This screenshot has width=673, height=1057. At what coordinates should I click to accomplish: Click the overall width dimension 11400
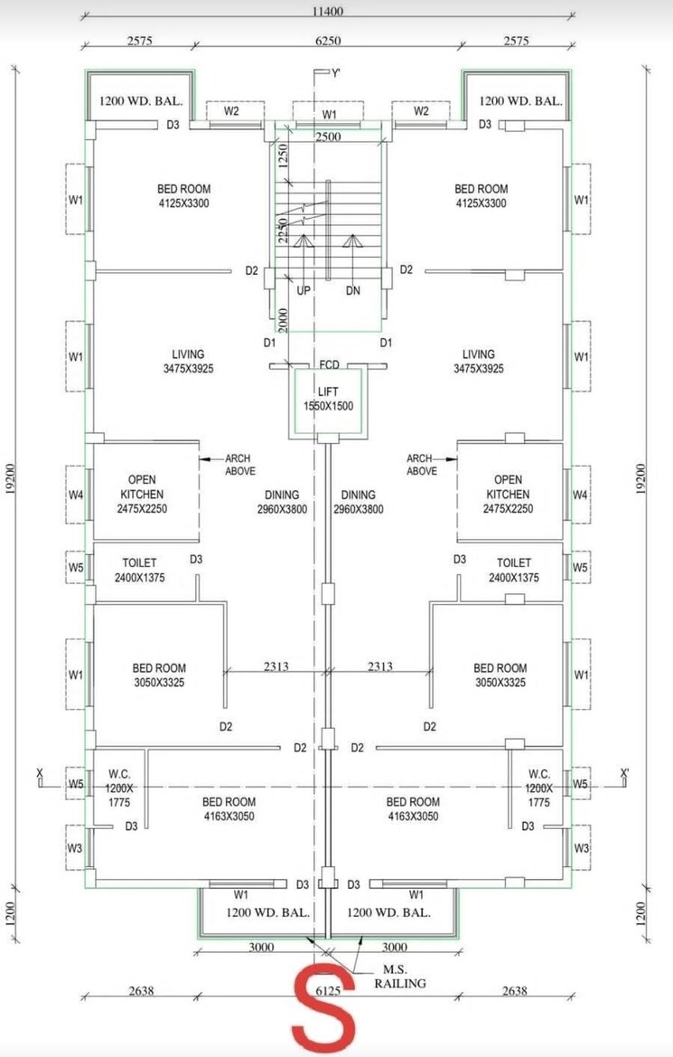tap(330, 12)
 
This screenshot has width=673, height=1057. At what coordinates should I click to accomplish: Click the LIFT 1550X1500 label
tap(328, 399)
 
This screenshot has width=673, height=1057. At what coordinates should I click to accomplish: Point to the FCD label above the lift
tap(329, 365)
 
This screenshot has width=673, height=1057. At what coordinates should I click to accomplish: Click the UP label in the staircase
tap(304, 291)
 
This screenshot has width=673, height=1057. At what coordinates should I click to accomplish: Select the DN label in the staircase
tap(353, 291)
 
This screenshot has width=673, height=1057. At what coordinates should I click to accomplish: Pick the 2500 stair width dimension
tap(329, 137)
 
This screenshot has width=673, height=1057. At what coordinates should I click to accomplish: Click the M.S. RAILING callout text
tap(398, 977)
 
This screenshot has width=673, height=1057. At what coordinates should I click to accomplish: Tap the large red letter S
tap(323, 1007)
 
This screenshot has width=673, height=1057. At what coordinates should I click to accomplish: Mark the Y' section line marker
tap(334, 73)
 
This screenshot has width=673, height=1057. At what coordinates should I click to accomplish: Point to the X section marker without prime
tap(39, 774)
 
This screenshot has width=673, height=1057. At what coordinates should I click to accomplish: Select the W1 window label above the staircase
tap(330, 115)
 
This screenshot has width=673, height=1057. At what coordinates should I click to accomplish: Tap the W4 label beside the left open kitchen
tap(76, 495)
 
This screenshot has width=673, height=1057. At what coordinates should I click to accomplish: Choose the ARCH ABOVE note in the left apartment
tap(239, 465)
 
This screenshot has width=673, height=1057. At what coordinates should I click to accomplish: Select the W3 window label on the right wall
tap(581, 848)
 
